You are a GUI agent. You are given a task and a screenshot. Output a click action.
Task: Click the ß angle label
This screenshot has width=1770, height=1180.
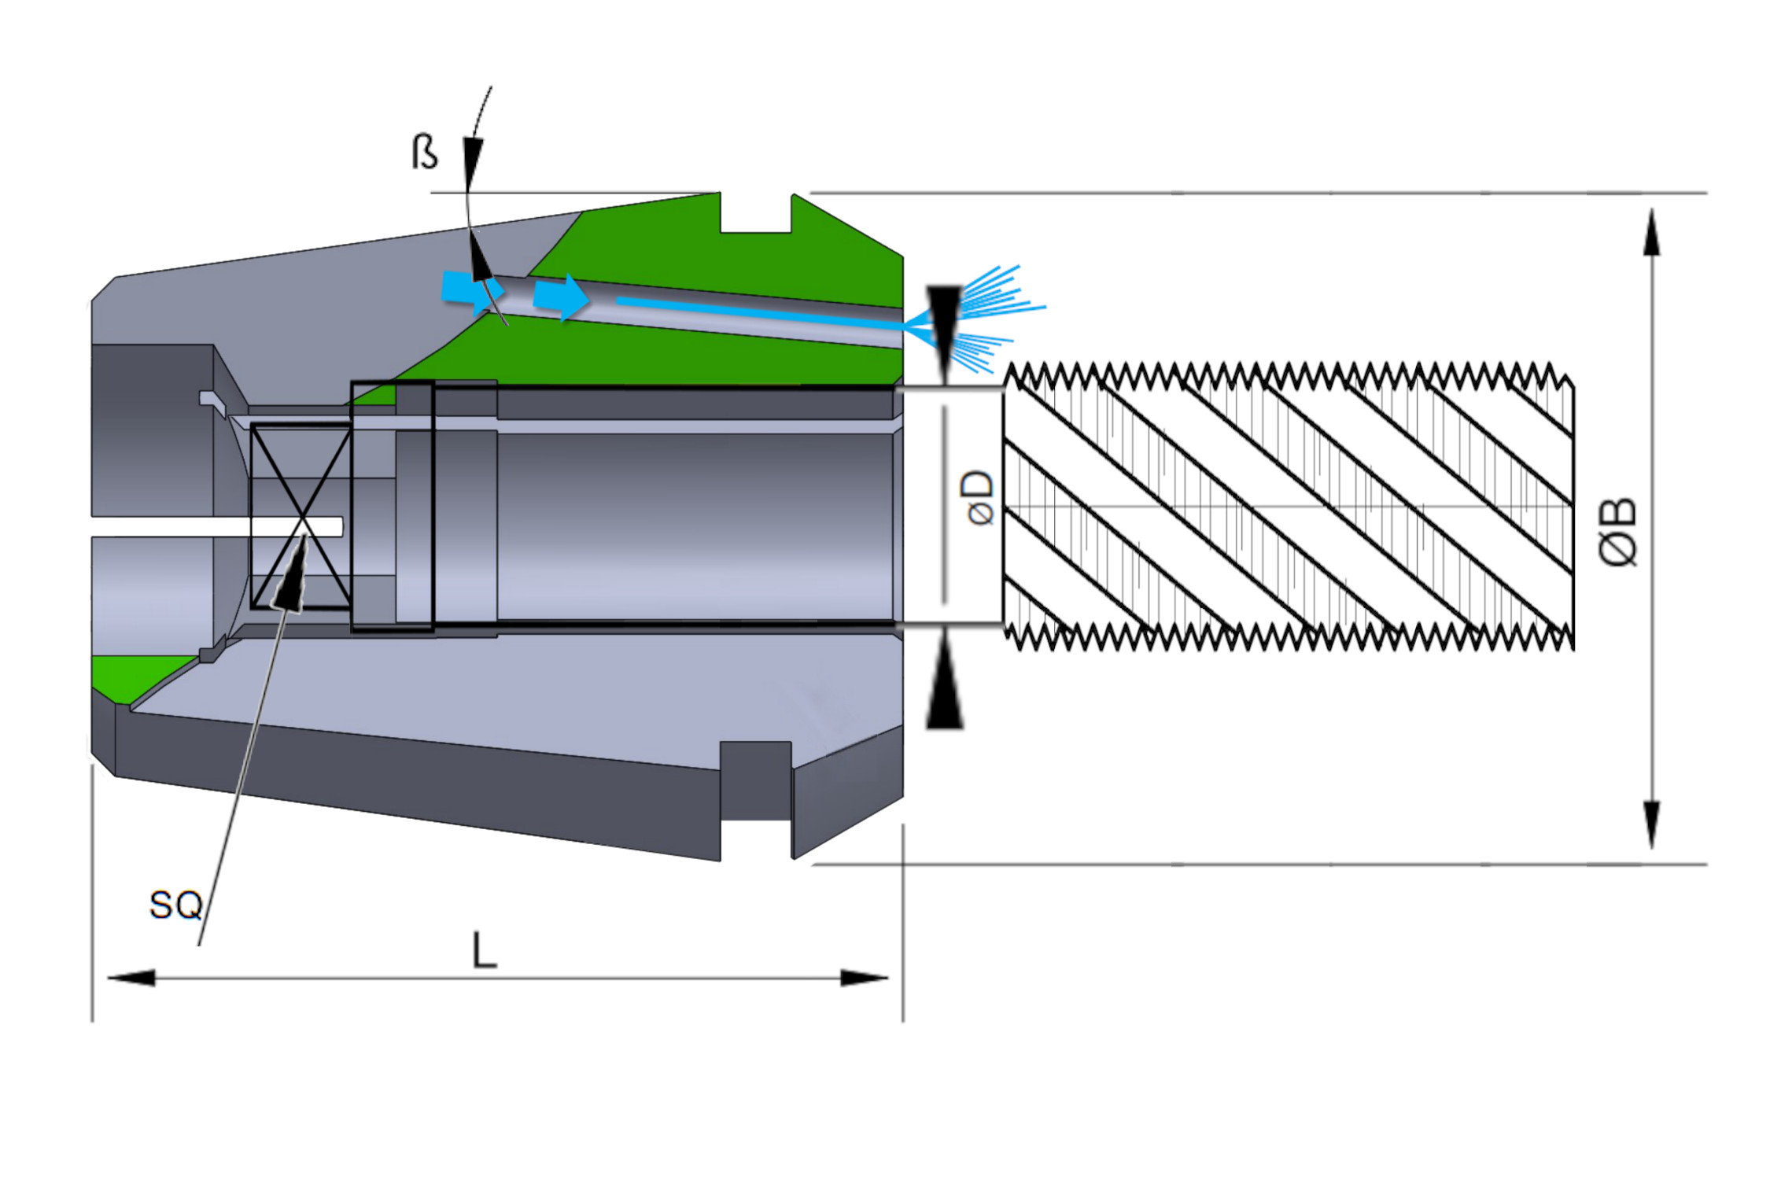(x=425, y=152)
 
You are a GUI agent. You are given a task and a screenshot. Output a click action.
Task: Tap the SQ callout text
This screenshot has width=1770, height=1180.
(x=176, y=905)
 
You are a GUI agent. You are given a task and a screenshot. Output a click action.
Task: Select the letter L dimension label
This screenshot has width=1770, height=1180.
(x=484, y=951)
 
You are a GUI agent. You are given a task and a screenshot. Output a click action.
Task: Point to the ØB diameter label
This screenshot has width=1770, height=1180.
(x=1619, y=532)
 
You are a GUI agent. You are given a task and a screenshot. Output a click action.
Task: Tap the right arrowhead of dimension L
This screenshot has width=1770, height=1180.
(x=865, y=978)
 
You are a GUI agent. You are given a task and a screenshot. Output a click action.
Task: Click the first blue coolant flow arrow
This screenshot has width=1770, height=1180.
(x=469, y=289)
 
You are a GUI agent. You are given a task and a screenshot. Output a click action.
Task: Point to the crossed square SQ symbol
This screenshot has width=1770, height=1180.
(x=301, y=516)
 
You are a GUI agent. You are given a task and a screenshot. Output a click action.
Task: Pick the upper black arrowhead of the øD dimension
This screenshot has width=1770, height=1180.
(x=944, y=319)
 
